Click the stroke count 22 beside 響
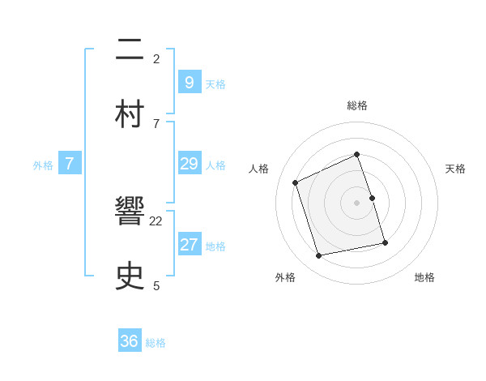pos(156,220)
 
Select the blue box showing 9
pos(189,83)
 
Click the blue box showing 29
pos(189,165)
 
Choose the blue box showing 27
pos(189,245)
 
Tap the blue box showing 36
pos(130,341)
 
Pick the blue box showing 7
pos(70,165)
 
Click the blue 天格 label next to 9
pos(215,83)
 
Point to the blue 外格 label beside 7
pos(43,165)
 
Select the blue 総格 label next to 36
pos(156,343)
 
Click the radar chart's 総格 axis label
pos(357,105)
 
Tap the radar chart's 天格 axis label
pos(456,169)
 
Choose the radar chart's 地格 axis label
pos(424,277)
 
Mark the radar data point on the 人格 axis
pos(296,182)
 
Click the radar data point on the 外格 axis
pos(319,256)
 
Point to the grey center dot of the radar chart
pos(357,203)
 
